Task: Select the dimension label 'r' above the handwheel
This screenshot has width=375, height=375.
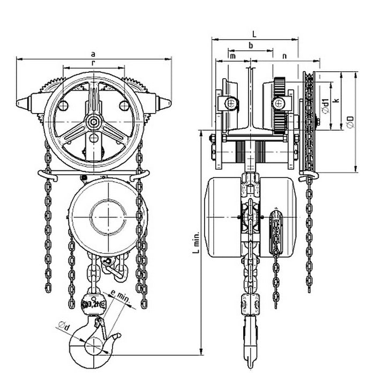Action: coord(94,63)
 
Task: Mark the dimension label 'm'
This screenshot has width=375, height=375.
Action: coord(232,56)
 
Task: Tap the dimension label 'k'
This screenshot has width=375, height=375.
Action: coord(335,99)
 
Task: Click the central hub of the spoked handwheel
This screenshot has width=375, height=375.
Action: coord(94,123)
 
